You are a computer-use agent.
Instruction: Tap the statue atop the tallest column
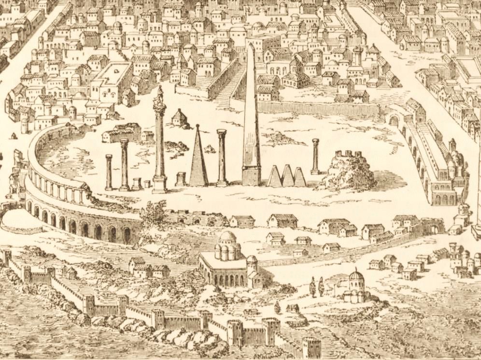[x=159, y=96]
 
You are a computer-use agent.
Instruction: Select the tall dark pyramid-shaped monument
[x=198, y=157]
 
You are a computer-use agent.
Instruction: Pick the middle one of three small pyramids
[x=288, y=176]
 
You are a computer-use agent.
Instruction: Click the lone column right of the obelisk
[x=315, y=156]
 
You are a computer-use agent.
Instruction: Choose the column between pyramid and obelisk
[x=222, y=157]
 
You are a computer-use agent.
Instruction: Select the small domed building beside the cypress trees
[x=355, y=286]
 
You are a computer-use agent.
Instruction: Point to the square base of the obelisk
[x=251, y=176]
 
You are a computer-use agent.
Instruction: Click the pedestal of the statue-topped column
[x=160, y=184]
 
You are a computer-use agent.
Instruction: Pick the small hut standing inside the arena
[x=180, y=118]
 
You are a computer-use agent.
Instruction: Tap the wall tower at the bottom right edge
[x=311, y=347]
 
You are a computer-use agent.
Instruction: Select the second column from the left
[x=125, y=164]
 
